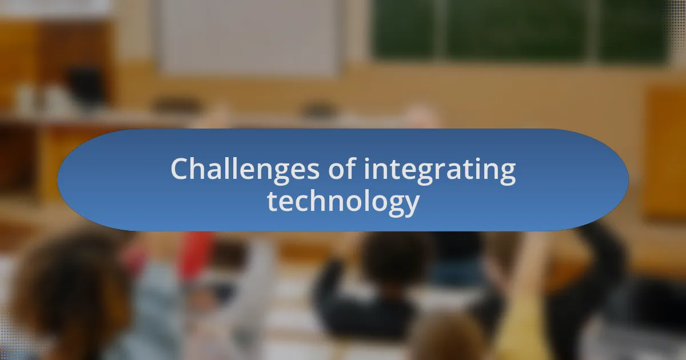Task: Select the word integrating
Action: click(440, 170)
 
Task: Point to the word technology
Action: click(343, 201)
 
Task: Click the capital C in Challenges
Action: click(180, 169)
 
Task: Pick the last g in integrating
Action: click(506, 174)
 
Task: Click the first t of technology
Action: click(272, 201)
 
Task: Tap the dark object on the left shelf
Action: click(86, 86)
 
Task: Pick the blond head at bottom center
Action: click(446, 340)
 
